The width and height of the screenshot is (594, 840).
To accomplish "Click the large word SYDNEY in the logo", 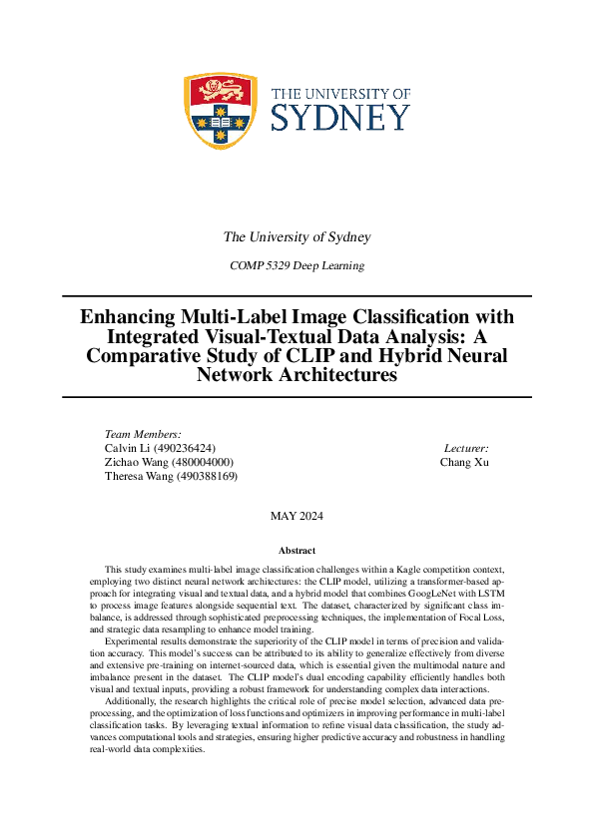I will pos(340,118).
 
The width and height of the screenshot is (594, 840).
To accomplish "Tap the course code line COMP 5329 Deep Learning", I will pos(297,265).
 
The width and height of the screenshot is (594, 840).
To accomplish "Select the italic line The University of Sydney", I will pos(297,237).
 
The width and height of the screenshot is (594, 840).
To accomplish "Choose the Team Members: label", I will pos(143,434).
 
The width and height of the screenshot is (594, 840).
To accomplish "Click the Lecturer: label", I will pos(465,448).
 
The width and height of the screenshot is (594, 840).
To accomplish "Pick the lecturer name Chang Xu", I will pos(464,462).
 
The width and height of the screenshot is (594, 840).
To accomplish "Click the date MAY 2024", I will pos(297,516).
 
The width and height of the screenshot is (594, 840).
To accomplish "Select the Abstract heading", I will pos(297,551).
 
